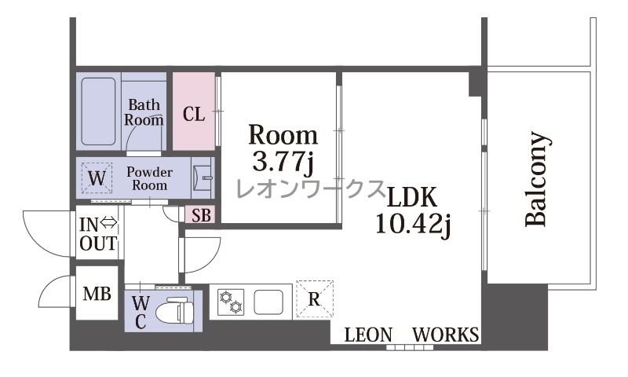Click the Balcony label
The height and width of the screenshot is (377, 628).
tap(536, 178)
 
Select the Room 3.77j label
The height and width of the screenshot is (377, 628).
tap(283, 149)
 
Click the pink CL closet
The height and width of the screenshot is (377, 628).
tap(194, 112)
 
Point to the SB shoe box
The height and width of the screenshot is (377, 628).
tap(201, 215)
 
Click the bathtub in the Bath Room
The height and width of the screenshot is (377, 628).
tap(99, 112)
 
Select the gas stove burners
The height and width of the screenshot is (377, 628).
tap(230, 302)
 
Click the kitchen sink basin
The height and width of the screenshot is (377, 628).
tap(268, 302)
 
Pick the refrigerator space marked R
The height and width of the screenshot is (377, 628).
tap(315, 299)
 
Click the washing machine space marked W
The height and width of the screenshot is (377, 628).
tap(97, 178)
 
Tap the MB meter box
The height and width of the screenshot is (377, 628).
tap(97, 294)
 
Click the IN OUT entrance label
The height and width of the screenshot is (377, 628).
tap(98, 234)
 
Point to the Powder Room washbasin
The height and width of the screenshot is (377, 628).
tap(203, 177)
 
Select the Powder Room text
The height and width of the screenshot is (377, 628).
tap(149, 178)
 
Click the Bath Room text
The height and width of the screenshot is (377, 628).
tap(144, 112)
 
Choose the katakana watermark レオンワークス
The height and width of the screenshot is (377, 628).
tap(310, 189)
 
